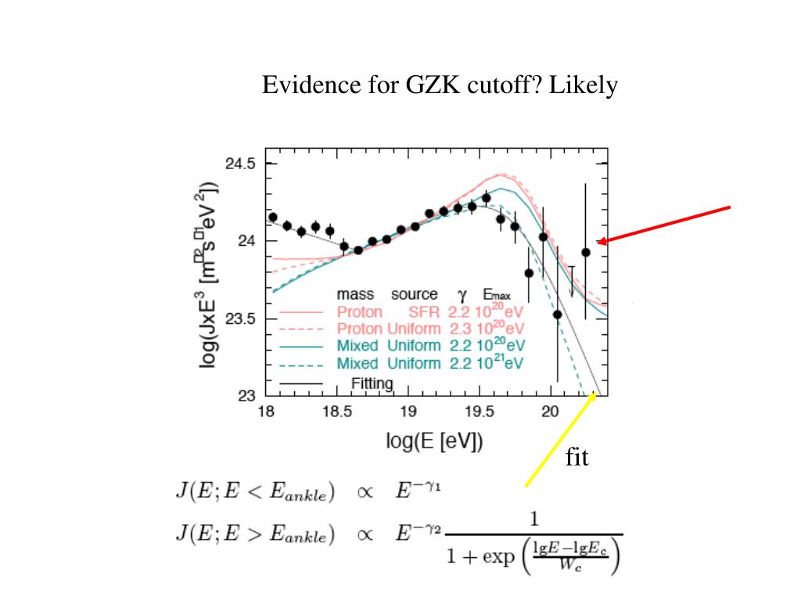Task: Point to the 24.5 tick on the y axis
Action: point(240,164)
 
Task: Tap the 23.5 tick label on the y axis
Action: point(240,318)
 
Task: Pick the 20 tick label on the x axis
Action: point(550,412)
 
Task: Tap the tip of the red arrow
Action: point(598,243)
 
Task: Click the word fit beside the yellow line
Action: point(577,458)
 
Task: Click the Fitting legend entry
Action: point(372,383)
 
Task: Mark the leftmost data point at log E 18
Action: point(273,217)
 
